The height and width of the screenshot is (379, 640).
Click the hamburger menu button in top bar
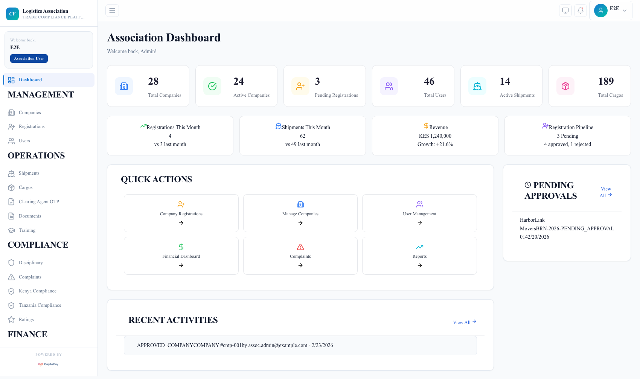click(x=112, y=11)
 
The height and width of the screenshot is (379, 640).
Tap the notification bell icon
click(x=581, y=11)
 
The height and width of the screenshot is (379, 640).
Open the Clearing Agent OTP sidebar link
click(x=39, y=202)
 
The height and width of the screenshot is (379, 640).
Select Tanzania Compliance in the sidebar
click(x=40, y=305)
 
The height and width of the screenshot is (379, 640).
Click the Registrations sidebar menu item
click(x=32, y=126)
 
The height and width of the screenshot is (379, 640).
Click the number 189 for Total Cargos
click(x=606, y=81)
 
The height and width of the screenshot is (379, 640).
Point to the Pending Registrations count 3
click(x=317, y=81)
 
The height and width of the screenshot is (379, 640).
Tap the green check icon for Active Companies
click(x=212, y=86)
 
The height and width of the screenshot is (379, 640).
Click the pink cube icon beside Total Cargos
click(x=565, y=86)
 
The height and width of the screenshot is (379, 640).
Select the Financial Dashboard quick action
click(x=181, y=256)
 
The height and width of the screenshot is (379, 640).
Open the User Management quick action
click(x=419, y=213)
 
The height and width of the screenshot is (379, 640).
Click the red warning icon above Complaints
click(x=300, y=247)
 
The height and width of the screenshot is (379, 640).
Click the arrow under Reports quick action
click(x=419, y=265)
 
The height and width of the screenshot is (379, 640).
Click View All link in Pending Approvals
click(x=605, y=192)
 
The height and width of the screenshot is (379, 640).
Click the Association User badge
click(x=29, y=59)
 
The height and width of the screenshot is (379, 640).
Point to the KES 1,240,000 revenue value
click(x=435, y=136)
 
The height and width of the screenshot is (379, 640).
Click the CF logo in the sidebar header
click(x=12, y=14)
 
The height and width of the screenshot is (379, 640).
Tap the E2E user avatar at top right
click(x=600, y=11)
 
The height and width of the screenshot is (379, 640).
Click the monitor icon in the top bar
click(x=565, y=11)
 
